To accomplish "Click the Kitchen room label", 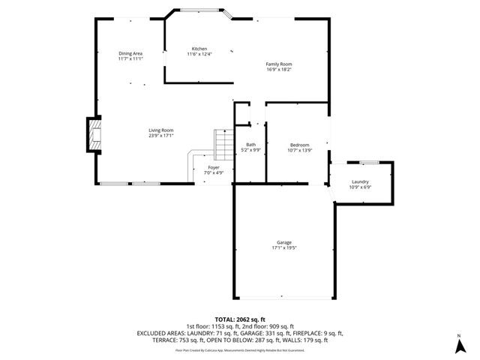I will [x=199, y=49].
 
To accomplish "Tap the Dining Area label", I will [x=130, y=53].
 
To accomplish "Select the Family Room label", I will [x=278, y=64].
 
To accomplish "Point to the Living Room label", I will [x=160, y=130].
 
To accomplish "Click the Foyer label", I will [x=214, y=167].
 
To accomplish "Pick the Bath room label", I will [x=250, y=145].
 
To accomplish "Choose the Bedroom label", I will [x=300, y=145].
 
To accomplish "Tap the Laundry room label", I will [x=360, y=182].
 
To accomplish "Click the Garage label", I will [x=283, y=242].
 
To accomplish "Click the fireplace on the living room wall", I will [x=93, y=134].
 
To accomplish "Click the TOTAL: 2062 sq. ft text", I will [x=240, y=319].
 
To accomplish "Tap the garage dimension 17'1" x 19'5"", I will [x=283, y=247].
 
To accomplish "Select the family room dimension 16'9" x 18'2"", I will [x=278, y=70].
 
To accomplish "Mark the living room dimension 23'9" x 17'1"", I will [x=160, y=136].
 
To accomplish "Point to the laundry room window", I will [x=367, y=162].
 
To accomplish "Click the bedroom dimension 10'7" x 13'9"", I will [x=300, y=150].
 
